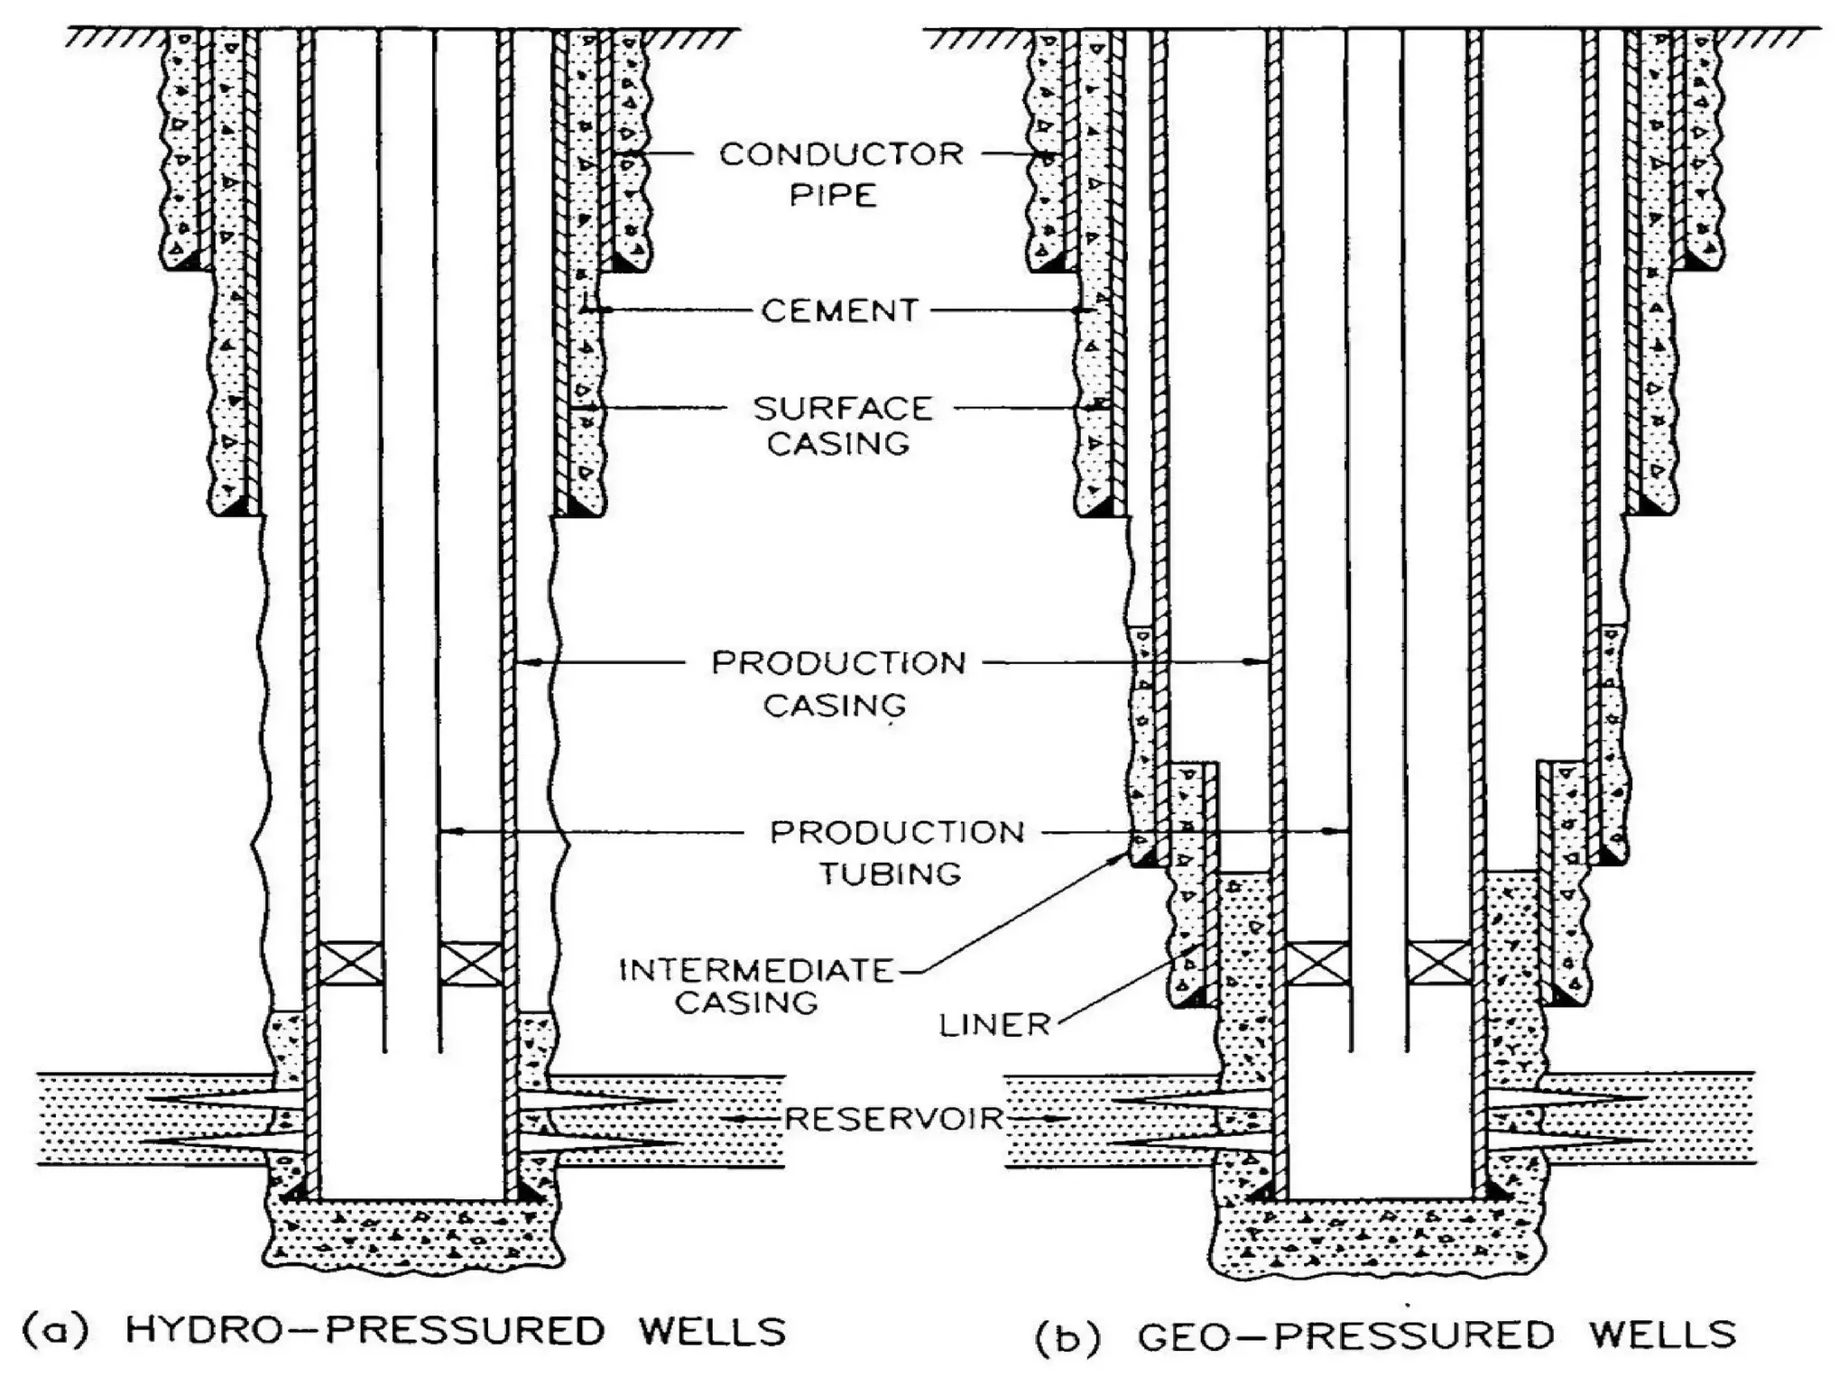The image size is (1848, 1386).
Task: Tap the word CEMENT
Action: tap(839, 311)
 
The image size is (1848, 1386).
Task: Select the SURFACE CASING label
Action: tap(841, 426)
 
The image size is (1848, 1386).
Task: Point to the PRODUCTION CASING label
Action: tap(837, 683)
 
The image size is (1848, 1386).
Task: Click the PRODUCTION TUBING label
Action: tap(895, 852)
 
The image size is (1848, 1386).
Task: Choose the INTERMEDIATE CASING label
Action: tap(754, 986)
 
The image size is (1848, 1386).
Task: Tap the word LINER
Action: tap(994, 1025)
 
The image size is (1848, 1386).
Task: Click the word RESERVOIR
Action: tap(894, 1119)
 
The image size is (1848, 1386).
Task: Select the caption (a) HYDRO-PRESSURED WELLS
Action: tap(403, 1332)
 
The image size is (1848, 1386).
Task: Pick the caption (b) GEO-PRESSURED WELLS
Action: tap(1384, 1335)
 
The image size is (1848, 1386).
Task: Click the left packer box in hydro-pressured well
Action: tap(350, 963)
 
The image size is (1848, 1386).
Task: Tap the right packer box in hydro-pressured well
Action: tap(470, 963)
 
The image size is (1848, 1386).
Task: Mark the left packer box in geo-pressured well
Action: tap(1317, 962)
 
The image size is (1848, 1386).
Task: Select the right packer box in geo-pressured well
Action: tap(1438, 962)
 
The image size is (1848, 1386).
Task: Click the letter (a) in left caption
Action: tap(55, 1332)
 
